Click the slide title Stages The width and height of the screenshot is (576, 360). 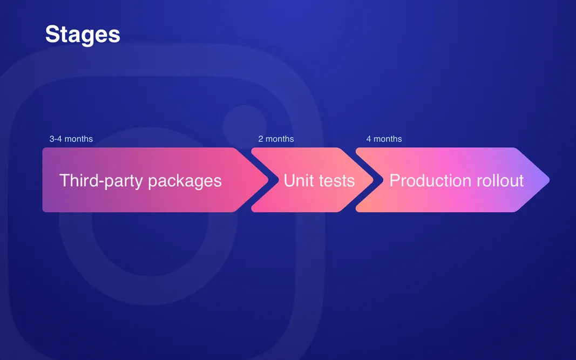click(83, 35)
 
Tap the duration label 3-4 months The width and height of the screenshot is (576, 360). click(71, 139)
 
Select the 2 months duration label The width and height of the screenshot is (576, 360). click(276, 139)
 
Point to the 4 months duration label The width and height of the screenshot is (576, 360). click(384, 139)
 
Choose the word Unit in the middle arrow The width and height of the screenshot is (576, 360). click(299, 180)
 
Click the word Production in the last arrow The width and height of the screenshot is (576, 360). click(430, 180)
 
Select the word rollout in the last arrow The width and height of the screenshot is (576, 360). click(499, 180)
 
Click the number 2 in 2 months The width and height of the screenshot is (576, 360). click(261, 139)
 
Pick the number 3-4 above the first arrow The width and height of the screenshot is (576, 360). click(56, 139)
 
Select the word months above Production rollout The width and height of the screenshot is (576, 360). click(388, 139)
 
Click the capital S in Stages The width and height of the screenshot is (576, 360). click(52, 35)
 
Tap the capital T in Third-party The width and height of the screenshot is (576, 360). click(64, 180)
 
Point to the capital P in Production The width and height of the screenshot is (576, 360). click(394, 180)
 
